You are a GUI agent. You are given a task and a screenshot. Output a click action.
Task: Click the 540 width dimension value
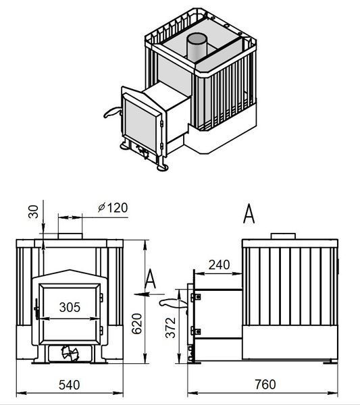70,385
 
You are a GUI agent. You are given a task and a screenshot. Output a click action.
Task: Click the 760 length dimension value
265,384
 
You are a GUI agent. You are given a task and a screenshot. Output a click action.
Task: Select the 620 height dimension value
137,323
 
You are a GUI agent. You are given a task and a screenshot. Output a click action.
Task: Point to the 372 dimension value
171,328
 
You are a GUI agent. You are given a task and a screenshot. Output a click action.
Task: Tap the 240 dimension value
219,265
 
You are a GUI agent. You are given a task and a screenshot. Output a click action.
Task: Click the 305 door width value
70,307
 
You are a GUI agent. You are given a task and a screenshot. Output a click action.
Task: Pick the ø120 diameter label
113,208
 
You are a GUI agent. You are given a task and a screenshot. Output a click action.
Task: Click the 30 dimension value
33,211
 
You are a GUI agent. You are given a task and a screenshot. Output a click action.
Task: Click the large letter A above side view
249,213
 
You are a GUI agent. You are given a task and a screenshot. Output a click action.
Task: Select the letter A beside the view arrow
150,279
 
